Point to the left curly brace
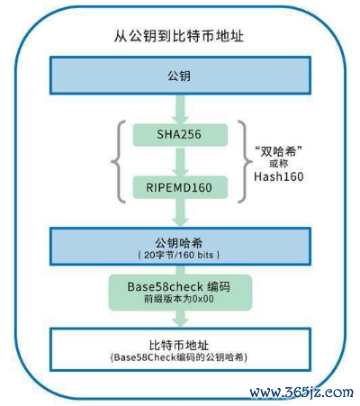[x=114, y=161]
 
